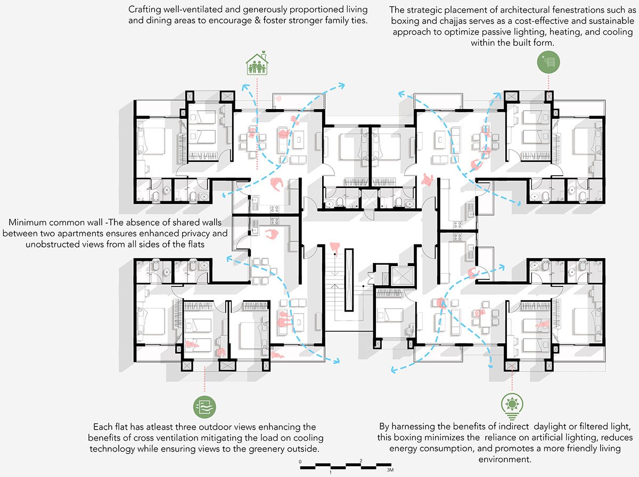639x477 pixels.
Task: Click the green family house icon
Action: (x=257, y=64)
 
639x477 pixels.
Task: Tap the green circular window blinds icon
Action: (x=548, y=62)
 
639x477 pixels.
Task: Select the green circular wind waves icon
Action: (x=204, y=407)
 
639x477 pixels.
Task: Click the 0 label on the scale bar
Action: (x=300, y=461)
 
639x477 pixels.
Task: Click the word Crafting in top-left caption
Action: (x=146, y=10)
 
